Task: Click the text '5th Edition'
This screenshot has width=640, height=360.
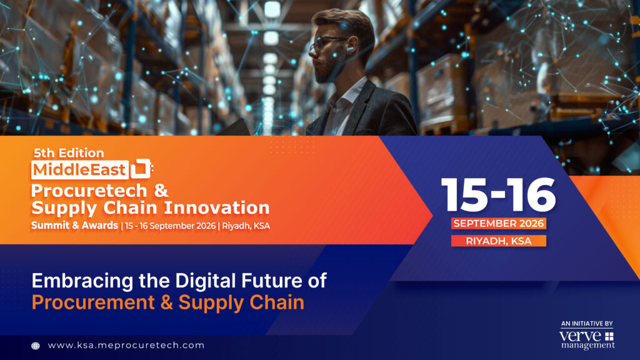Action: coord(69,153)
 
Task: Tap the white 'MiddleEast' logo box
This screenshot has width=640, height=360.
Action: coord(80,170)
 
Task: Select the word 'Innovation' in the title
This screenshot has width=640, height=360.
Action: coord(216,207)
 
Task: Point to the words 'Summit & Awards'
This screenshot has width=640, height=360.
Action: coord(74,225)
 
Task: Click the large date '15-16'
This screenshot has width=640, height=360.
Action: coord(498,195)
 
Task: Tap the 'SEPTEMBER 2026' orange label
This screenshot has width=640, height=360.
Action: coord(498,224)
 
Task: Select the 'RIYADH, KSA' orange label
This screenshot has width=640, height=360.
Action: coord(498,241)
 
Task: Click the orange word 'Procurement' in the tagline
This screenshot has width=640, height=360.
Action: coord(93,303)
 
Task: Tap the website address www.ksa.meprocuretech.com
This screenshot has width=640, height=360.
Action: coord(126,345)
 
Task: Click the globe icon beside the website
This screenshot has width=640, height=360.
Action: coord(36,346)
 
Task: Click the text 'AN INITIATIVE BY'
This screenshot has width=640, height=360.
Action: coord(587,324)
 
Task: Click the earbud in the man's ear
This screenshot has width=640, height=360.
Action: coord(350,49)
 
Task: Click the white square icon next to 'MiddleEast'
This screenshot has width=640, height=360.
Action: coord(141,169)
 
